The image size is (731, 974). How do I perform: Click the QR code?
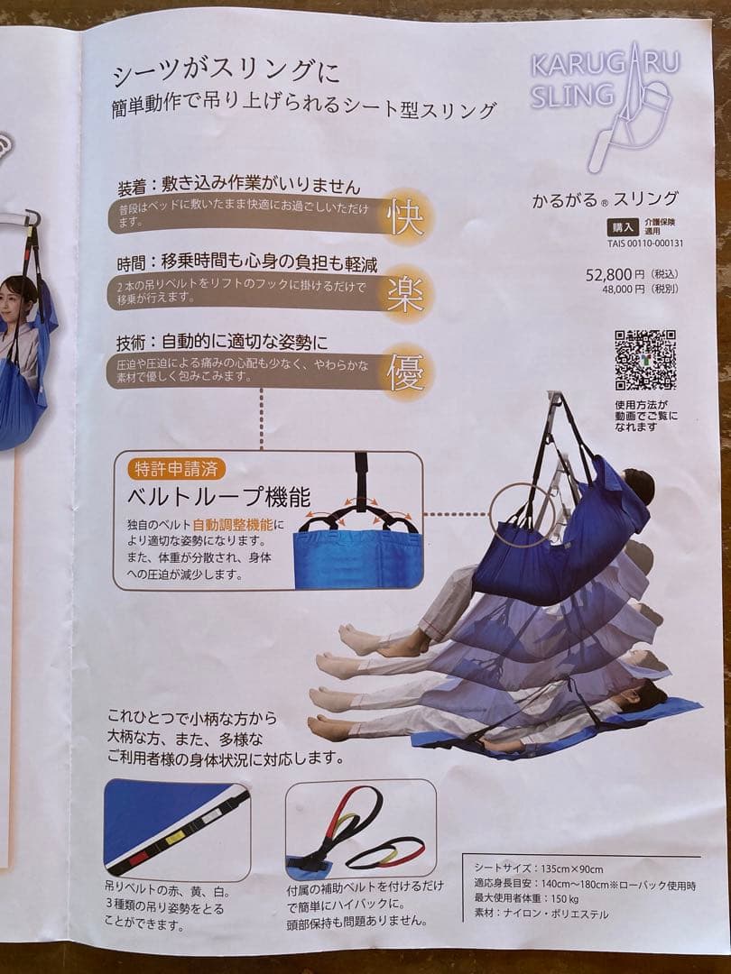[645, 360]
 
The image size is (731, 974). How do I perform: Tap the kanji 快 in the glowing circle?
[405, 217]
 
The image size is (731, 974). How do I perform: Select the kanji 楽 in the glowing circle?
[405, 294]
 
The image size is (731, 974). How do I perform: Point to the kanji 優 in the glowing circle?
[406, 372]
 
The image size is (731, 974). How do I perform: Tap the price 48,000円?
[631, 289]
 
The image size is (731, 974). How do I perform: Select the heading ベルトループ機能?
[222, 497]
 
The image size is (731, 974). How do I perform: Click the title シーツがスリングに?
[226, 72]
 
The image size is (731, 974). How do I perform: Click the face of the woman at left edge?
[21, 294]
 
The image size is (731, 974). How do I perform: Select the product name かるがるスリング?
[605, 200]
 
